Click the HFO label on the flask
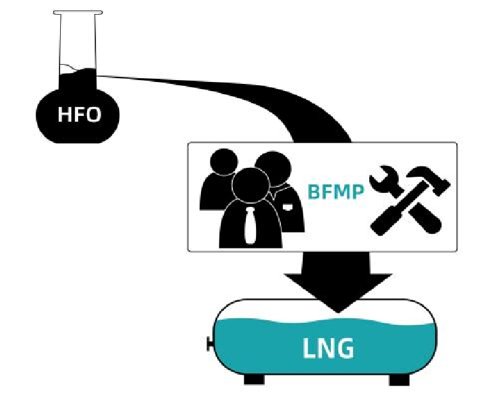79,115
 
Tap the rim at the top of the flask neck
77,12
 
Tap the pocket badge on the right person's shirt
290,206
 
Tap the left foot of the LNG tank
254,379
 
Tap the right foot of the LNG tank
399,379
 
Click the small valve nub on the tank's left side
209,345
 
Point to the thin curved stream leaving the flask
192,83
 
